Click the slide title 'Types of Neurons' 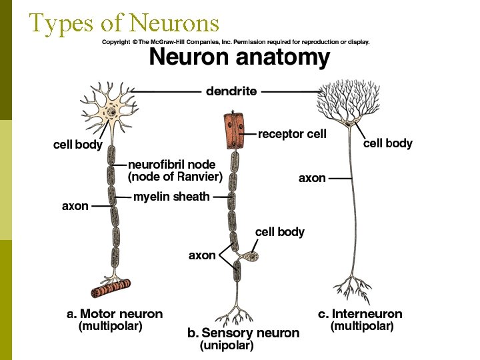(124, 23)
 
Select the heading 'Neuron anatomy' (239, 57)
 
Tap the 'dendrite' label (231, 91)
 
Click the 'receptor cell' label (292, 134)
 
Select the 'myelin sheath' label (171, 197)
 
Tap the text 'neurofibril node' (171, 164)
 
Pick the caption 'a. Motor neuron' (115, 314)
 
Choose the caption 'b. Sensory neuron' (242, 333)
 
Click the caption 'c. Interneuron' (360, 314)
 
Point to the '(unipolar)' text (227, 346)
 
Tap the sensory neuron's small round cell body (253, 256)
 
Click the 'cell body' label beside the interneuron (387, 143)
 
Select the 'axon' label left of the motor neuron (75, 206)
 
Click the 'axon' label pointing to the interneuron (312, 178)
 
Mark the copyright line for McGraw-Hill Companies (235, 42)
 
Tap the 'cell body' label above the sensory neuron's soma (280, 232)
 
